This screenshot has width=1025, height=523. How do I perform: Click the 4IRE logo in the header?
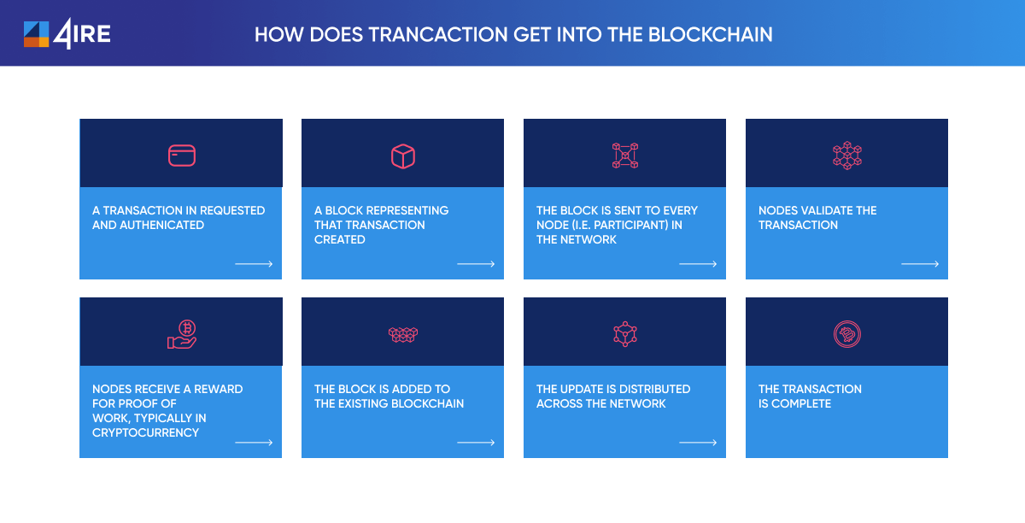[67, 34]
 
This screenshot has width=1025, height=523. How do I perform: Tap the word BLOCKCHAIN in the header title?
[710, 35]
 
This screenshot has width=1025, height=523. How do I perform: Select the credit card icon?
[182, 156]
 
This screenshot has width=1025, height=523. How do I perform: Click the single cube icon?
[403, 156]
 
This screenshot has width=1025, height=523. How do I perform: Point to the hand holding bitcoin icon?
[182, 334]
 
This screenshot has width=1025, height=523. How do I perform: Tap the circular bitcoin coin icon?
[847, 334]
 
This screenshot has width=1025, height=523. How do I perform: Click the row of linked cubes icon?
[403, 335]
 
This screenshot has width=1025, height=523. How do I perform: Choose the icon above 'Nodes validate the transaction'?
[847, 156]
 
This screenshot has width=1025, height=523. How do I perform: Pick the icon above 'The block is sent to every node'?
[625, 156]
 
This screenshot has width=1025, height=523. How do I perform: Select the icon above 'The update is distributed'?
[625, 334]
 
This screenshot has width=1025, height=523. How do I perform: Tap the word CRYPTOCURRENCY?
[145, 432]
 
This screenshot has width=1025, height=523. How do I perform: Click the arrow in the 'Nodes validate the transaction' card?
[920, 264]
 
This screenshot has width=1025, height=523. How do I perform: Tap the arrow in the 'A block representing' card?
[476, 264]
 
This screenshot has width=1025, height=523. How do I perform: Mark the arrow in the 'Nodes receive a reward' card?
[254, 443]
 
